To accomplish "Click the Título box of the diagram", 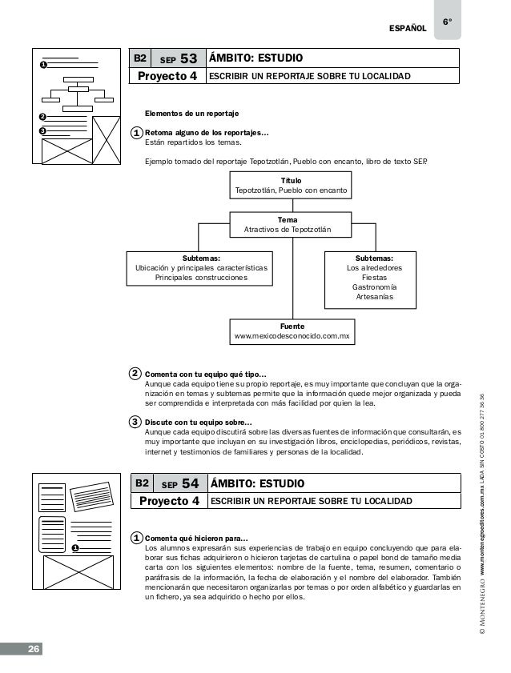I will [x=292, y=186].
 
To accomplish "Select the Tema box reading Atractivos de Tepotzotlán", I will [x=292, y=225].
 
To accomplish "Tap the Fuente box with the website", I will [x=292, y=332].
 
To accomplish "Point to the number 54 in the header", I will [x=191, y=483].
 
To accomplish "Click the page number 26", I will [x=34, y=648].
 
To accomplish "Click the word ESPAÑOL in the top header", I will [x=407, y=30].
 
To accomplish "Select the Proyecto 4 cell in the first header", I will [x=167, y=77].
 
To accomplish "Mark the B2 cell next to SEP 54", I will [x=142, y=483].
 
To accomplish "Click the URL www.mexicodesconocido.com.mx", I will [x=292, y=338].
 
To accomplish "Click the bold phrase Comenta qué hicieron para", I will [x=195, y=539].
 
